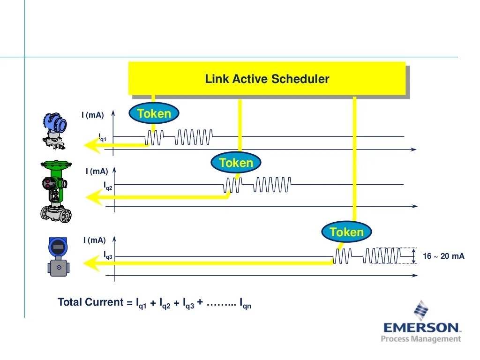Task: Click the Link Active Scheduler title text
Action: point(267,79)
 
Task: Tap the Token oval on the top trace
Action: point(154,113)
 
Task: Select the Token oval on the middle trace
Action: point(236,163)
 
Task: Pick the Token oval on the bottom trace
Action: point(346,232)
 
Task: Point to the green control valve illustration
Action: point(56,190)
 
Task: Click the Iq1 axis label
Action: point(103,137)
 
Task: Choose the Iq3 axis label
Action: point(108,255)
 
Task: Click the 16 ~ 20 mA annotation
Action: point(443,256)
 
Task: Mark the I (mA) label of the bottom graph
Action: point(95,240)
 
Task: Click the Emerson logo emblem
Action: point(421,310)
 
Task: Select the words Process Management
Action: point(421,338)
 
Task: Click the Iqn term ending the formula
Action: point(245,304)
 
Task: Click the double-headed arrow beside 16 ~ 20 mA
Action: point(414,256)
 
